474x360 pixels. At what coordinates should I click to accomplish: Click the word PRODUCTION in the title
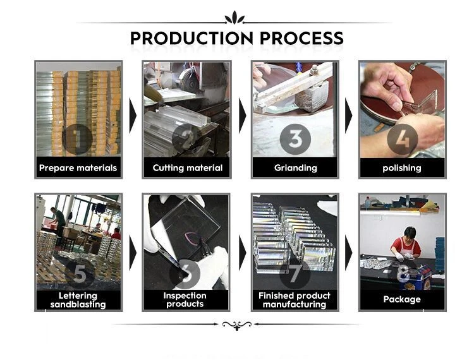point(191,39)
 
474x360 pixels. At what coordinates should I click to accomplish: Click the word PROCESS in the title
point(301,39)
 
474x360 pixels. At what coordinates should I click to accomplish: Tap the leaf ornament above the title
point(234,17)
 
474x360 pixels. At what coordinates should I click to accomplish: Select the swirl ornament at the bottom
point(237,325)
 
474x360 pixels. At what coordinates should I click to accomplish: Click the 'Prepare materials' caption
point(78,168)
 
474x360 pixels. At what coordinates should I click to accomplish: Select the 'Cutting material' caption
point(188,168)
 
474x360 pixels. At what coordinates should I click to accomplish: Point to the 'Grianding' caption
point(295,168)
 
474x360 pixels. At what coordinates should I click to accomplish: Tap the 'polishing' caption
point(402,168)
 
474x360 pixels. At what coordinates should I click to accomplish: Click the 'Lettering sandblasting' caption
point(78,300)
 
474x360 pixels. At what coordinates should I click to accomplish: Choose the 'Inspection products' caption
point(185,299)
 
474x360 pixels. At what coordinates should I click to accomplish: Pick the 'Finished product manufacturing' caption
point(295,300)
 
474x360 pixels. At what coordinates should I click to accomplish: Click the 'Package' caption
point(402,299)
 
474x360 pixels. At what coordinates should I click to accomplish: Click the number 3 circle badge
point(295,139)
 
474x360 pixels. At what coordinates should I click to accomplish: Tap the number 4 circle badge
point(403,139)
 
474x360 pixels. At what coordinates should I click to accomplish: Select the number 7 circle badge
point(295,273)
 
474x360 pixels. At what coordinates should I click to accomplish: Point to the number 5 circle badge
point(80,274)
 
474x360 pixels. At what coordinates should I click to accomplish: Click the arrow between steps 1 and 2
point(133,116)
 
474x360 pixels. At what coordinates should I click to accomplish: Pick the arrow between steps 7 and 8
point(348,253)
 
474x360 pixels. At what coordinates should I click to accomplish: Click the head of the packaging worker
point(410,233)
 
